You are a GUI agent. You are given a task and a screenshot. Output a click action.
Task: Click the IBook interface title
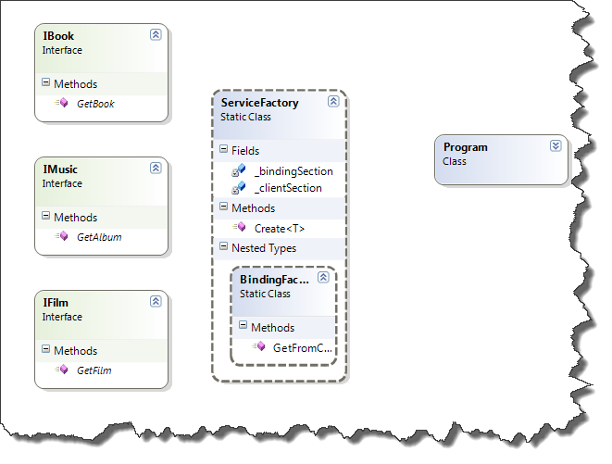coord(58,35)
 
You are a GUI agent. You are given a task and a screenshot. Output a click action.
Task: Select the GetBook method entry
coord(95,104)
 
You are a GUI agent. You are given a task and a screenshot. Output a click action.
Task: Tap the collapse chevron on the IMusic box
coord(156,168)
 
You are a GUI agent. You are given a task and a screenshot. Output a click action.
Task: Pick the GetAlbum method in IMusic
coord(98,237)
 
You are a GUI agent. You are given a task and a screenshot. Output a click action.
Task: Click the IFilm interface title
coord(56,302)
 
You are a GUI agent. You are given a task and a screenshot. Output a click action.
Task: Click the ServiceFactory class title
coord(260,103)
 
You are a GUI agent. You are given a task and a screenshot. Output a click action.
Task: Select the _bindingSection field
coord(294,171)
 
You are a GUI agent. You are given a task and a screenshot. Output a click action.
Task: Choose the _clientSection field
coord(288,188)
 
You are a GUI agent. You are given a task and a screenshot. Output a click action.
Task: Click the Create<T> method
coord(279,228)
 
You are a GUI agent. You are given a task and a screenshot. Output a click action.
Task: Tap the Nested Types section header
coord(264,247)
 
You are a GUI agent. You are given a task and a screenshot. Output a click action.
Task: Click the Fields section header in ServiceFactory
coord(246,150)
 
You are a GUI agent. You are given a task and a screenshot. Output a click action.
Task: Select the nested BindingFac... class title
coord(275,279)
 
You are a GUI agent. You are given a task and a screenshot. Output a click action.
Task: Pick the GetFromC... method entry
coord(302,347)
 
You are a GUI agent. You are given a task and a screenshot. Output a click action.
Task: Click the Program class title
coord(465,147)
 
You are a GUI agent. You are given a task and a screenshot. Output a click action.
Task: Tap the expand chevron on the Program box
coord(556,145)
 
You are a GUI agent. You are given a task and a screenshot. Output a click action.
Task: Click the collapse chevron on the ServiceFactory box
coord(332,102)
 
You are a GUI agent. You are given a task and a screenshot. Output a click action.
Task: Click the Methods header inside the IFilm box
coord(75,351)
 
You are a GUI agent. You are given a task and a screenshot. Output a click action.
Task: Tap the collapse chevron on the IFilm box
coord(156,301)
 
